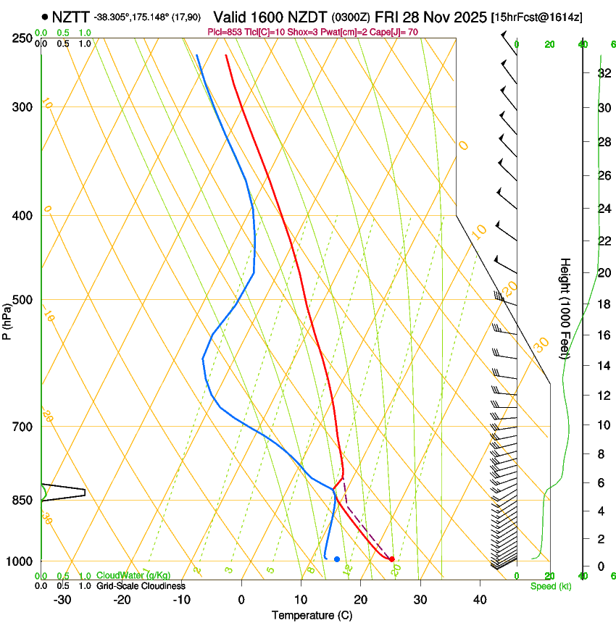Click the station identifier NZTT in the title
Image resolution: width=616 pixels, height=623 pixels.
[71, 16]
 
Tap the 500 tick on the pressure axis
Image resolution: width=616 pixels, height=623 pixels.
[22, 300]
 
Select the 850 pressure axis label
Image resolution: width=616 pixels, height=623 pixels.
[22, 500]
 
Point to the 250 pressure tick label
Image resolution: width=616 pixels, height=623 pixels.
[22, 38]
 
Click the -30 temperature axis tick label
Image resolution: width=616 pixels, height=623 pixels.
[62, 600]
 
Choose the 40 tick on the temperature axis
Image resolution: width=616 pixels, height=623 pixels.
[480, 600]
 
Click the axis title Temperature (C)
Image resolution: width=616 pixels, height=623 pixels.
[312, 615]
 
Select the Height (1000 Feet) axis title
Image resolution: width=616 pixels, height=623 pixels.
[565, 308]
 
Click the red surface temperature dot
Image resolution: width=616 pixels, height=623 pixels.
[391, 559]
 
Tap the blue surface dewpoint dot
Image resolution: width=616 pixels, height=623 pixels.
[337, 559]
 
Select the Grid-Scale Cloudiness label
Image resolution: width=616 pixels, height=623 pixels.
[141, 586]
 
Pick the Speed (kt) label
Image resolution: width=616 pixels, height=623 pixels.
[550, 586]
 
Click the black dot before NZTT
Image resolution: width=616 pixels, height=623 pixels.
[45, 16]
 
